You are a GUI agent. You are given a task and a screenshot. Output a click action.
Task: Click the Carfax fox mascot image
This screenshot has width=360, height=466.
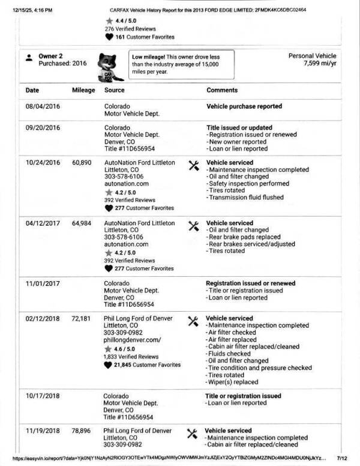pyautogui.click(x=110, y=64)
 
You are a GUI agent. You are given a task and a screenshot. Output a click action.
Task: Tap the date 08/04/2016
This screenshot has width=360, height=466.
pyautogui.click(x=43, y=106)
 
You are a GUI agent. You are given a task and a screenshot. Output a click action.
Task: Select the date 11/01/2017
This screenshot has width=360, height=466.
pyautogui.click(x=43, y=283)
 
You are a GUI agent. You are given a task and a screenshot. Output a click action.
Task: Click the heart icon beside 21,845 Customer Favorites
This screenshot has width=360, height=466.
pyautogui.click(x=108, y=365)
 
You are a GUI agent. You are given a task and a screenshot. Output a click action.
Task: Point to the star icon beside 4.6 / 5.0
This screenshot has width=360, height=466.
pyautogui.click(x=108, y=348)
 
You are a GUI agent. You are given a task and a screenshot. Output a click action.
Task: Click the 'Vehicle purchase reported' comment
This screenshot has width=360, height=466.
pyautogui.click(x=244, y=106)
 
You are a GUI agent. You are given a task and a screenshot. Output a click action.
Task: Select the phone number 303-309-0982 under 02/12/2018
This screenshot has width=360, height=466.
pyautogui.click(x=123, y=333)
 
